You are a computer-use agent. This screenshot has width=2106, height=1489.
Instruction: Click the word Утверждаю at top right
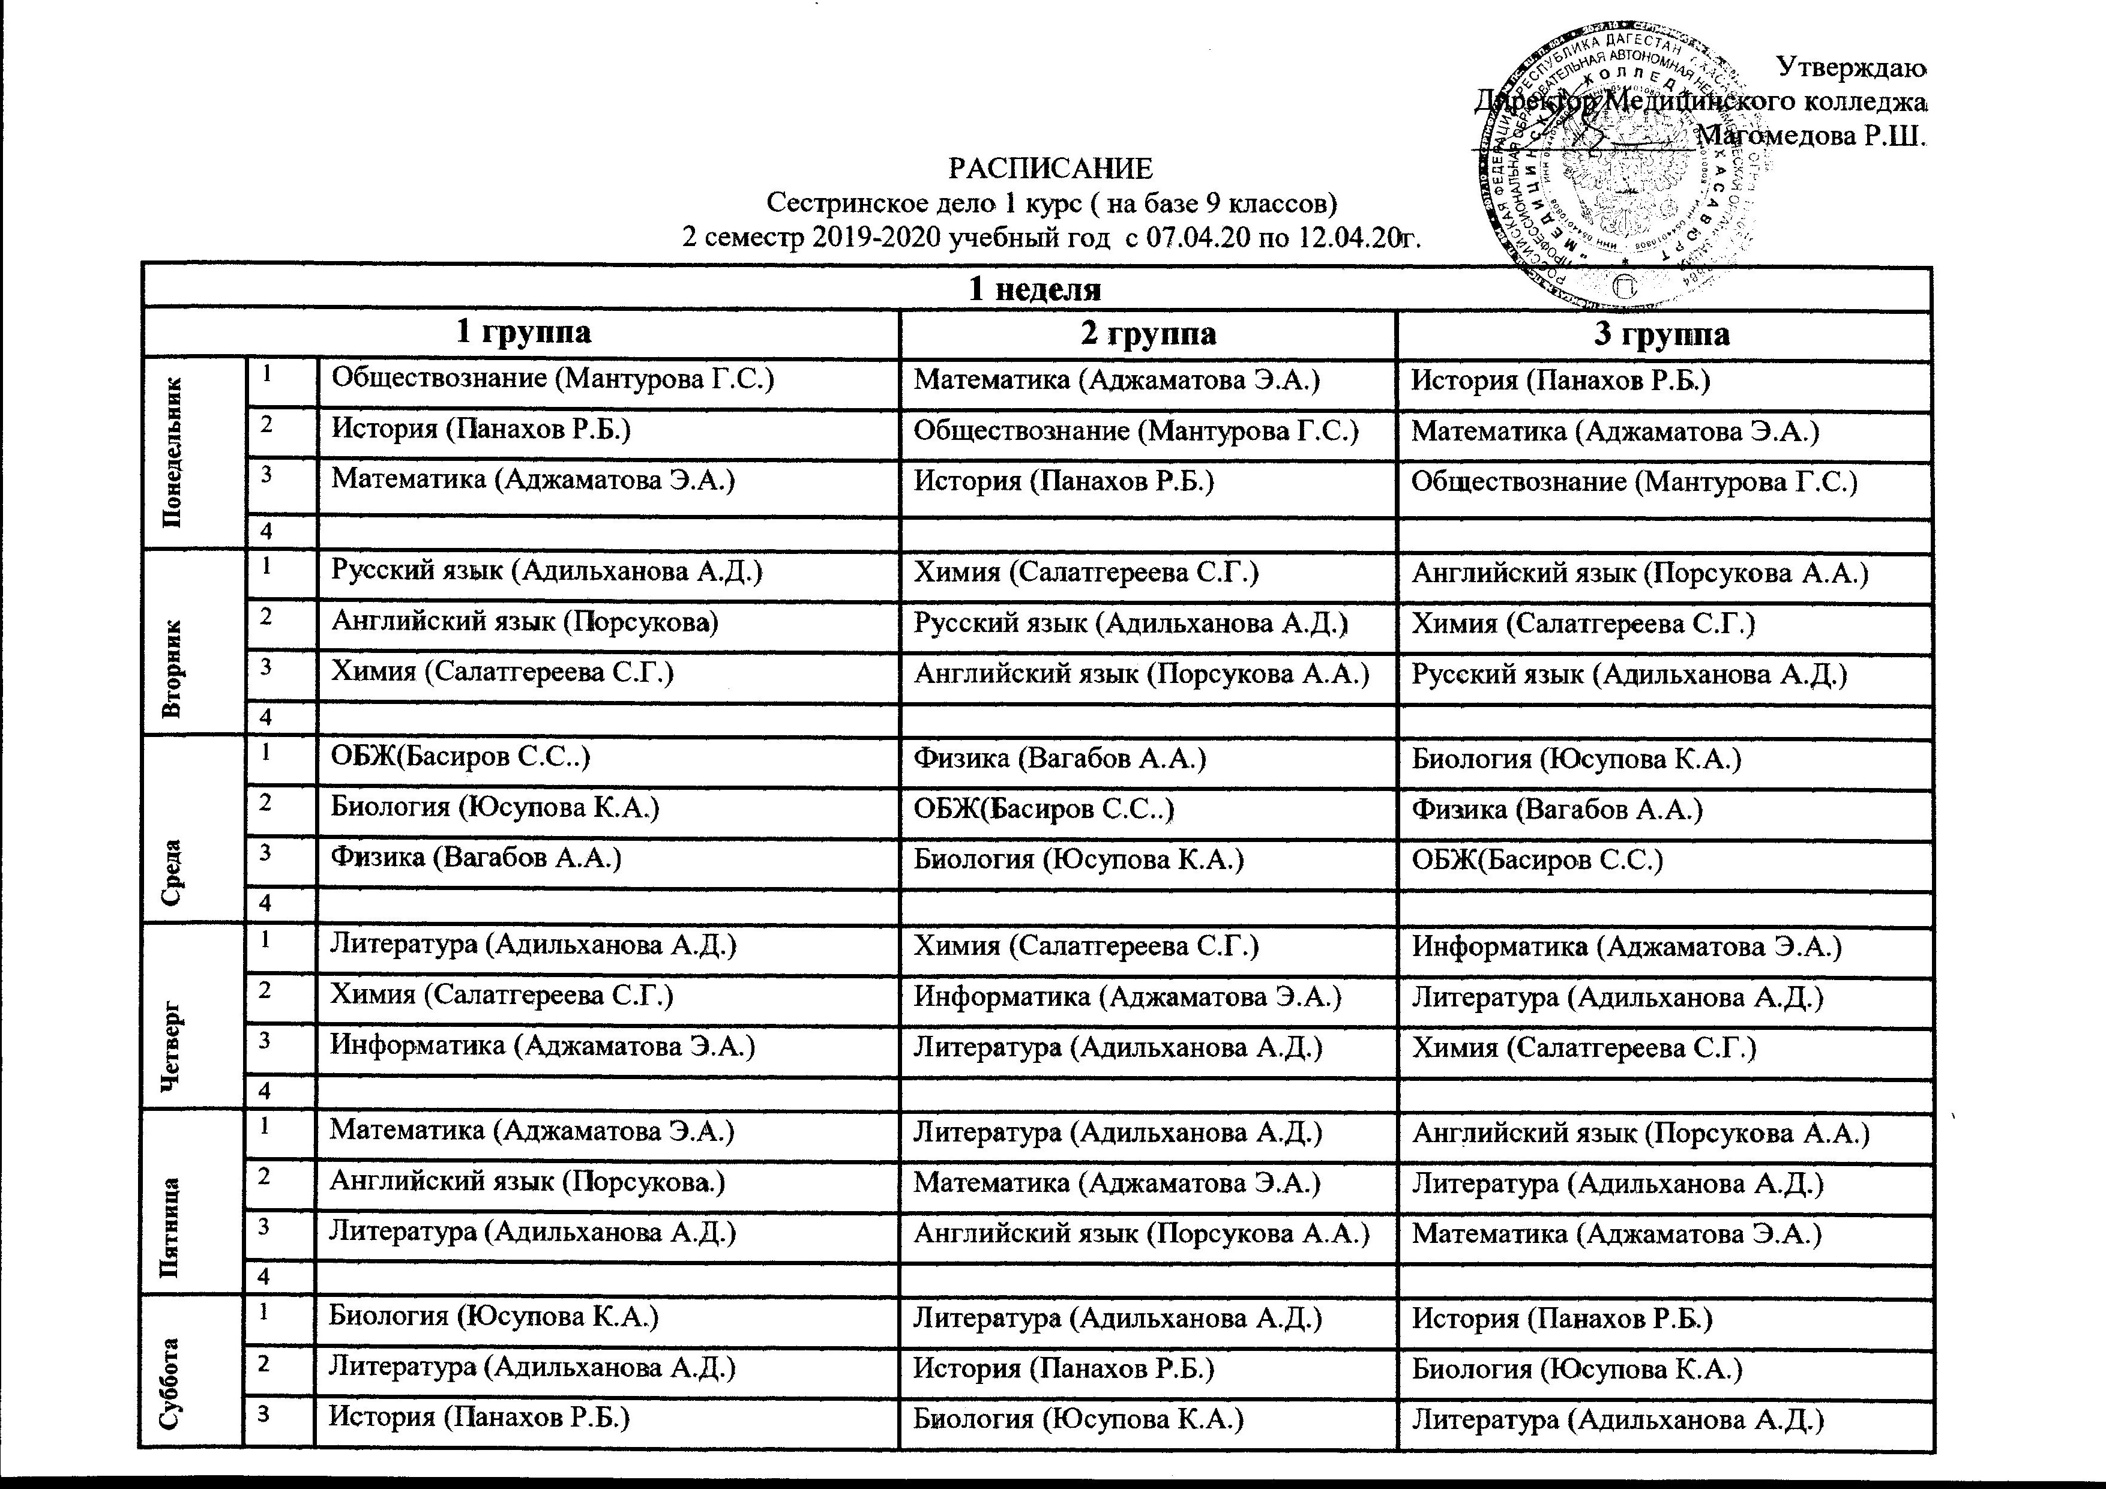tap(1851, 67)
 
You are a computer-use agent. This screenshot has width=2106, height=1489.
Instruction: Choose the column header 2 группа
tap(1148, 334)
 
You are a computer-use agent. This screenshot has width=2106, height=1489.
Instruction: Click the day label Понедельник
tap(172, 453)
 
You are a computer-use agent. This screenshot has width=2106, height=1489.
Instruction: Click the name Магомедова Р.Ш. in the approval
tap(1811, 137)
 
